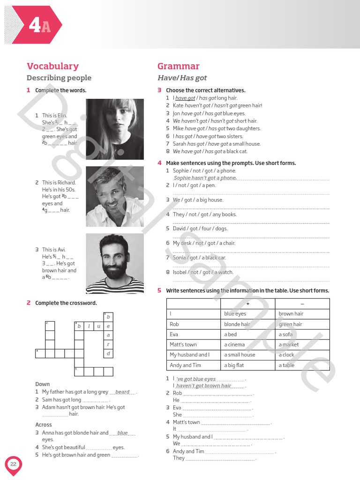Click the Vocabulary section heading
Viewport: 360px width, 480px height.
click(x=52, y=66)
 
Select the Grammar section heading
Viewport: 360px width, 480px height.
click(x=178, y=66)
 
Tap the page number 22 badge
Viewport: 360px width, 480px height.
click(x=13, y=464)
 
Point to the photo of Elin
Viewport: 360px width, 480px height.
click(x=115, y=129)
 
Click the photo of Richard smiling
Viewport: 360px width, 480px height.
click(x=115, y=196)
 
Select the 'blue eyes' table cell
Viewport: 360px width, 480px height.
click(x=247, y=314)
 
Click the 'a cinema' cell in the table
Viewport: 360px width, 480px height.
click(x=247, y=345)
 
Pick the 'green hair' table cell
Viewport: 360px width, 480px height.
click(x=302, y=324)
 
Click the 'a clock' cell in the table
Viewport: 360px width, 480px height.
click(x=302, y=355)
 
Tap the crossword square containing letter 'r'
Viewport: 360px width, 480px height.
click(x=108, y=344)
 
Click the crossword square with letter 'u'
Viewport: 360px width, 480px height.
click(x=98, y=326)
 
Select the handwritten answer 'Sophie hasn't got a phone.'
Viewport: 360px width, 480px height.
click(x=205, y=178)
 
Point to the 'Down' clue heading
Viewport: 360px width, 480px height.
click(x=42, y=384)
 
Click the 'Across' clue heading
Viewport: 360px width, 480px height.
click(x=44, y=425)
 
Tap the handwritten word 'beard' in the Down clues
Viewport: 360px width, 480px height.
click(x=122, y=392)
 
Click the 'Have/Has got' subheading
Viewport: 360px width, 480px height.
click(x=182, y=78)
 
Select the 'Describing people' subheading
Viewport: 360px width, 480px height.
click(x=59, y=78)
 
